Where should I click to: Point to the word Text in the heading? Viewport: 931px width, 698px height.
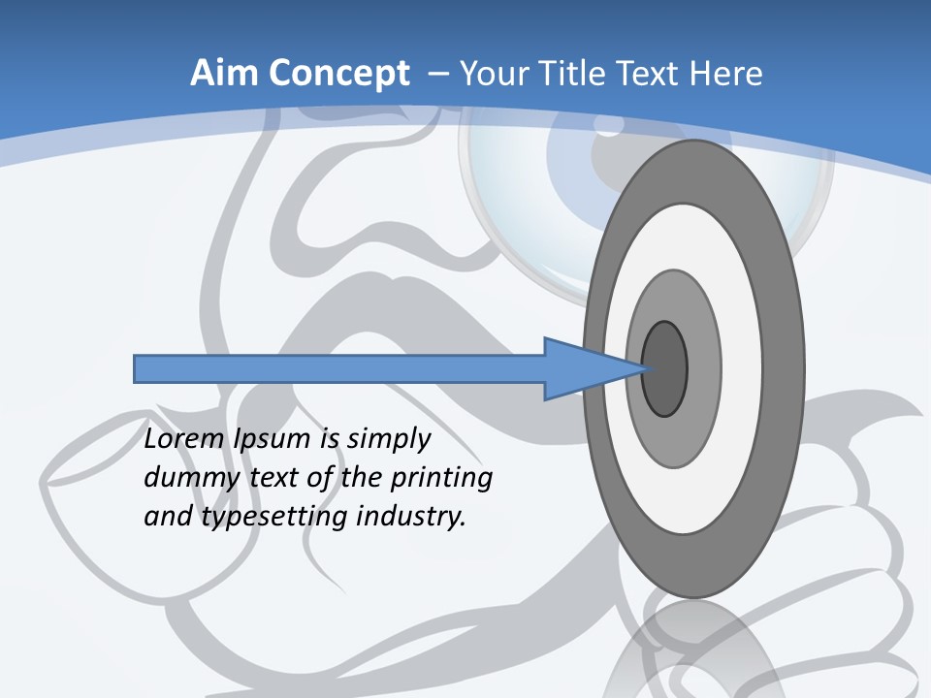click(x=648, y=74)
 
